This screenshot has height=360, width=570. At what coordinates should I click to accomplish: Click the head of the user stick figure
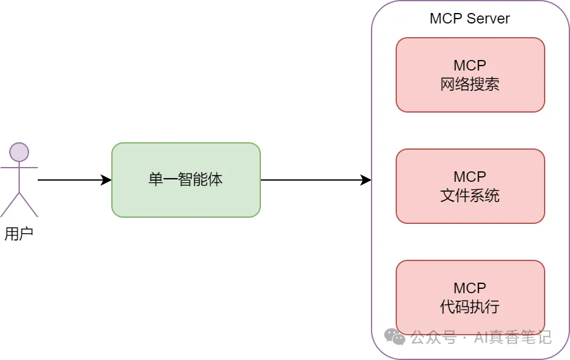click(x=19, y=152)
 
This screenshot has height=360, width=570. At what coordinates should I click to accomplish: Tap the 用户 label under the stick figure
click(x=19, y=234)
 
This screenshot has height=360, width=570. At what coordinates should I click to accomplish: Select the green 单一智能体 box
click(x=185, y=180)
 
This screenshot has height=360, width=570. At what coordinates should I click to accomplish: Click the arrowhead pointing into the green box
click(x=106, y=180)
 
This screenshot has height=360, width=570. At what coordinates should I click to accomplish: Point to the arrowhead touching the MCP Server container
click(x=366, y=180)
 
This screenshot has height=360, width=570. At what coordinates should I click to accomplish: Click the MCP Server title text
click(x=469, y=19)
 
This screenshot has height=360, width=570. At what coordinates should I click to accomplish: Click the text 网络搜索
click(x=470, y=85)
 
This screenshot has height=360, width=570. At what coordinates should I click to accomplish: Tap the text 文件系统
click(x=470, y=196)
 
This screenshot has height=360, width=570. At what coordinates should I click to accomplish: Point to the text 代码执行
click(x=470, y=307)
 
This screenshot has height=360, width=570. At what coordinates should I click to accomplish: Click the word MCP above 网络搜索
click(x=470, y=66)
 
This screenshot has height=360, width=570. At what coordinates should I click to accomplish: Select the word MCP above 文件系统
click(x=470, y=177)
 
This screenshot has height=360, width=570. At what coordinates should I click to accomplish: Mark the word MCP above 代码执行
click(x=470, y=288)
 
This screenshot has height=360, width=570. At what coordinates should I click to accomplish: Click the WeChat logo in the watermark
click(x=394, y=336)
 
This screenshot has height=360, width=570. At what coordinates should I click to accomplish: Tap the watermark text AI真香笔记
click(x=512, y=338)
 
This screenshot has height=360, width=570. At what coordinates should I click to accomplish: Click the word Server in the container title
click(x=488, y=19)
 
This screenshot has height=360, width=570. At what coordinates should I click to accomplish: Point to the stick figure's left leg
click(x=10, y=205)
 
